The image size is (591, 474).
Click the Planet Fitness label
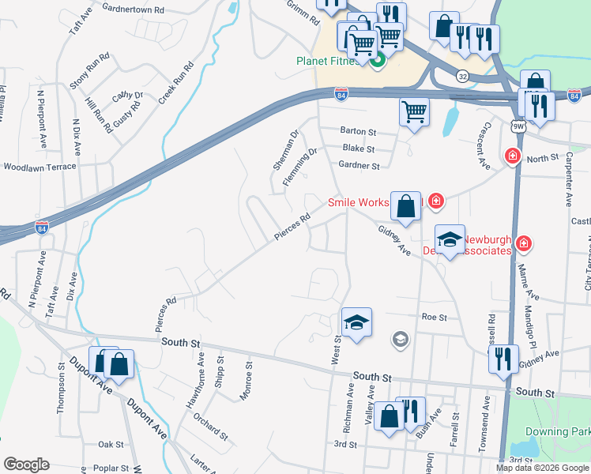pos(330,62)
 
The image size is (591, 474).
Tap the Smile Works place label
pos(358,202)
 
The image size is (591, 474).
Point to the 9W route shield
pos(518,126)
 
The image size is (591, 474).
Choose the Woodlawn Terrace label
pos(40,167)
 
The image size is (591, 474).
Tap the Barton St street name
pos(358,132)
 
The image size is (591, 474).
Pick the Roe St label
pos(435,317)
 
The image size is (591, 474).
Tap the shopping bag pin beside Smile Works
pos(405,206)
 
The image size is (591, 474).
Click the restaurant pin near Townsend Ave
pos(503,359)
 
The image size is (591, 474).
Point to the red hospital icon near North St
pos(513,157)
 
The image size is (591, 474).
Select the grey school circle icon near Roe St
pos(401,339)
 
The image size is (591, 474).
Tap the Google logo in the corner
pos(26,465)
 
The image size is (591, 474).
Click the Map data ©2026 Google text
pos(542,468)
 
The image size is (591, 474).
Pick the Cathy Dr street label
pos(127,95)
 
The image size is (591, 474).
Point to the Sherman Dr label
pos(285,150)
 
